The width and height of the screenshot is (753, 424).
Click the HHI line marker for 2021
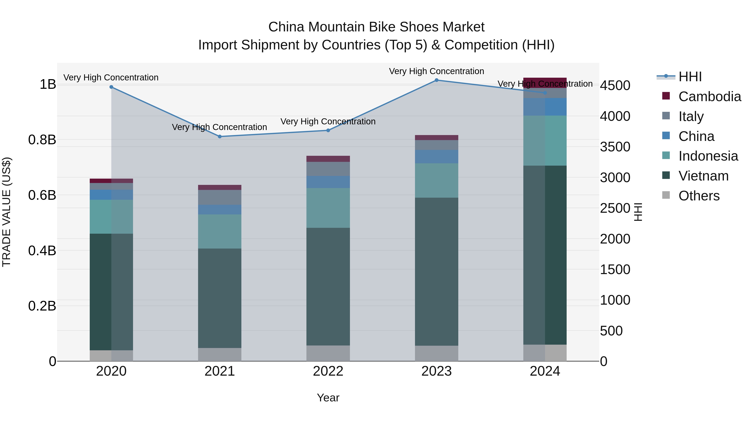point(220,136)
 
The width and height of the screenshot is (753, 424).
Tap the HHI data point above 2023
point(436,80)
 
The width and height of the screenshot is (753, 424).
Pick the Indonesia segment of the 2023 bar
point(436,180)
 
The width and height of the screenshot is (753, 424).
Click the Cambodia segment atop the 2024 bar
point(545,82)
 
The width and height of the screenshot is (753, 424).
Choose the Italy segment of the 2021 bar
point(220,197)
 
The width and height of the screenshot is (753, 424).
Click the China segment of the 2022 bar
point(328,182)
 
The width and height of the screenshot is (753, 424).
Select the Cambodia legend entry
point(709,97)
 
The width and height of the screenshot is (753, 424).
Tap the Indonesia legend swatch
point(666,155)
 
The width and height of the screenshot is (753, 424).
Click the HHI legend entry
point(690,77)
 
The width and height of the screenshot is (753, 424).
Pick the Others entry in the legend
point(699,196)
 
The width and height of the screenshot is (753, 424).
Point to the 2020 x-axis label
point(111,371)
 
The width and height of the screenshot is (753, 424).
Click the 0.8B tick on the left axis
point(42,140)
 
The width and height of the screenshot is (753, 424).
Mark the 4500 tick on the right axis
point(615,86)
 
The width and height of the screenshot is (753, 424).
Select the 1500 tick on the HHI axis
point(615,269)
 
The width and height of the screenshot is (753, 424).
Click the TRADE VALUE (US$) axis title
point(6,212)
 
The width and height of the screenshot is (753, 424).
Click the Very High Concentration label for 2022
point(328,121)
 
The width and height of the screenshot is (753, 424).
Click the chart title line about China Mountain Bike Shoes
point(376,27)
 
